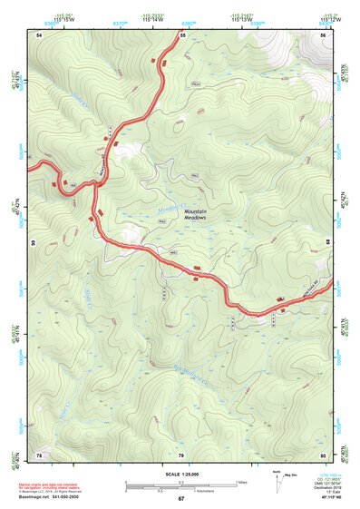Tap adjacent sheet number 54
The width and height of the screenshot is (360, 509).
pos(39,34)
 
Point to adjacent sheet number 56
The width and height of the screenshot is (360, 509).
pos(323,34)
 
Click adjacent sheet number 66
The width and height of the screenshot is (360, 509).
pos(32,243)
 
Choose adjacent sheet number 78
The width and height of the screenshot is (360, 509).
pos(39,454)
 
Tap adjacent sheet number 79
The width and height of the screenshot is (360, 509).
pos(181,454)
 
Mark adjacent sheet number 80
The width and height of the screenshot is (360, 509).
pos(323,454)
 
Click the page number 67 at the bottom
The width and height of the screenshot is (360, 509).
pos(181,499)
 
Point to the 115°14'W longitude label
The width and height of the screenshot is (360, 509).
pos(151,18)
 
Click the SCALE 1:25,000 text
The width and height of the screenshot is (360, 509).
pos(181,474)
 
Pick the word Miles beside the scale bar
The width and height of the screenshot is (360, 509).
pos(242,481)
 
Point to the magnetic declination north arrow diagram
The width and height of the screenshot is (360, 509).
pos(278,482)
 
